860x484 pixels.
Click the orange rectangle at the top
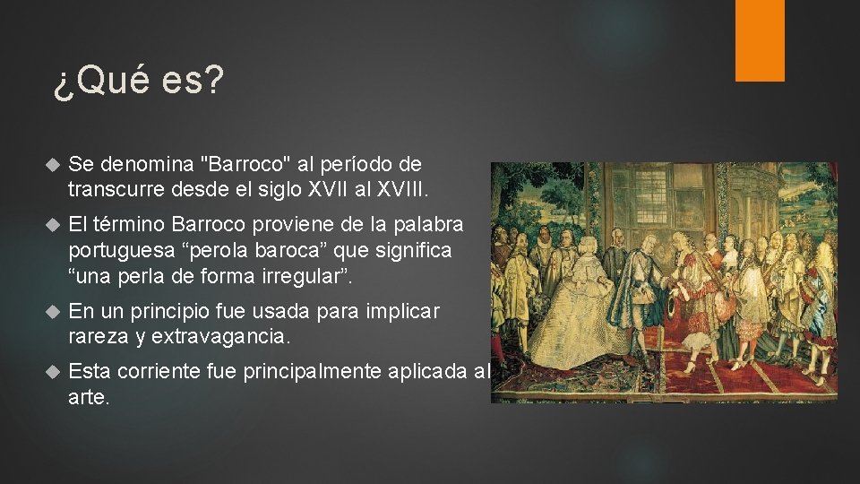pos(760,40)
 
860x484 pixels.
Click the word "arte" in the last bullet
pos(86,397)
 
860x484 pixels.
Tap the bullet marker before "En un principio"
pos(51,313)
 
